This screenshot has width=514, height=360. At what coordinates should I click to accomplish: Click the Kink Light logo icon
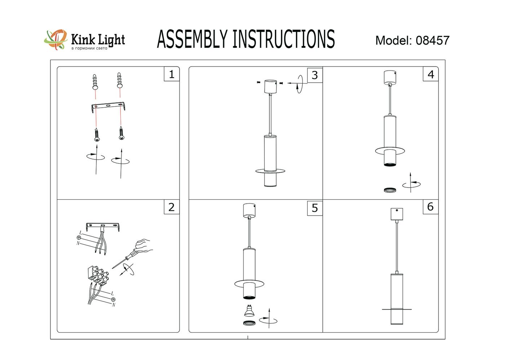pyautogui.click(x=56, y=39)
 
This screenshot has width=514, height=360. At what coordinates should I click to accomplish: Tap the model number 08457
pyautogui.click(x=432, y=40)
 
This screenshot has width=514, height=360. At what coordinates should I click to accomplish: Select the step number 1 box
pyautogui.click(x=172, y=74)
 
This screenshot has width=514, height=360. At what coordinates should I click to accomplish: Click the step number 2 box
pyautogui.click(x=172, y=207)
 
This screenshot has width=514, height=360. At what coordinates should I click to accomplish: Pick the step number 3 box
pyautogui.click(x=315, y=75)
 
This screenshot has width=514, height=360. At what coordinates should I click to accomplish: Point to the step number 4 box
pyautogui.click(x=431, y=75)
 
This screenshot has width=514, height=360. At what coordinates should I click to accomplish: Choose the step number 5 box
pyautogui.click(x=315, y=208)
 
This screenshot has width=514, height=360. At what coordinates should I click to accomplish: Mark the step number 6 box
pyautogui.click(x=430, y=207)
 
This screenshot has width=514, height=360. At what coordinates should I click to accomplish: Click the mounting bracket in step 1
pyautogui.click(x=108, y=107)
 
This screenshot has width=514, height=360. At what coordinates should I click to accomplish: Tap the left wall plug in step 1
pyautogui.click(x=95, y=82)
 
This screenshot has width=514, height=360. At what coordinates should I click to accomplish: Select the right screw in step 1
pyautogui.click(x=122, y=133)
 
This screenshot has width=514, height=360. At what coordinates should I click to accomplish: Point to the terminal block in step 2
pyautogui.click(x=97, y=275)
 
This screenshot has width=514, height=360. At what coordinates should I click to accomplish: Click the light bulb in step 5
pyautogui.click(x=249, y=311)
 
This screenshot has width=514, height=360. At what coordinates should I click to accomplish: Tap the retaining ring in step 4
pyautogui.click(x=390, y=190)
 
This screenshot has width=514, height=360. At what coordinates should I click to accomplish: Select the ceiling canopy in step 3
pyautogui.click(x=270, y=86)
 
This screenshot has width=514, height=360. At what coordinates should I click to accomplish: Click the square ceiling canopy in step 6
pyautogui.click(x=396, y=214)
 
